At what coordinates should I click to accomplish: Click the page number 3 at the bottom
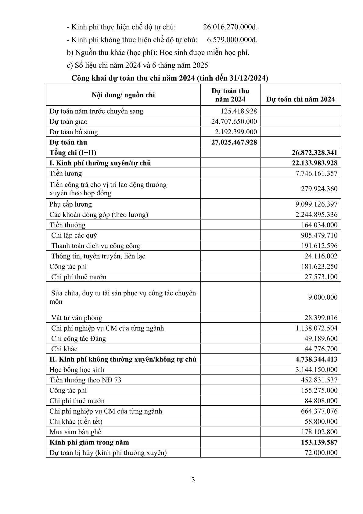point(193,480)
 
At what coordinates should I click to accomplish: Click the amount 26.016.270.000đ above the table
point(230,27)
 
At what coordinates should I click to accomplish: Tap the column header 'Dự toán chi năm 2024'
point(300,99)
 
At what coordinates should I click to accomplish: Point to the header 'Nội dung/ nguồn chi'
point(123,95)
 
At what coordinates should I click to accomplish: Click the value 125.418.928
point(239,111)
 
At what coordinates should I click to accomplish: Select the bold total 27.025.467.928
point(234,142)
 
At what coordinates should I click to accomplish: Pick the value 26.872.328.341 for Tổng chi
point(314,153)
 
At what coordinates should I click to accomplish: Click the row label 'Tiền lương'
point(66,173)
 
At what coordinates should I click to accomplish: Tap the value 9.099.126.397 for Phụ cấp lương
point(316,204)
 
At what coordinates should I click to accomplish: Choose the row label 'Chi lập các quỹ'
point(74,235)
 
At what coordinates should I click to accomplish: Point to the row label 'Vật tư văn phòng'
point(77,318)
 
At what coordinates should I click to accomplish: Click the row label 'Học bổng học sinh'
point(77,370)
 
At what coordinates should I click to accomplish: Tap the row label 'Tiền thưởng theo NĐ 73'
point(85,380)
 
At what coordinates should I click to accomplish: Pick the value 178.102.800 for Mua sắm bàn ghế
point(319,432)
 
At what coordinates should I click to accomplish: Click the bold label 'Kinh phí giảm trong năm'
point(89,442)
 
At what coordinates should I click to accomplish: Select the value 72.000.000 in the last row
point(321,453)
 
